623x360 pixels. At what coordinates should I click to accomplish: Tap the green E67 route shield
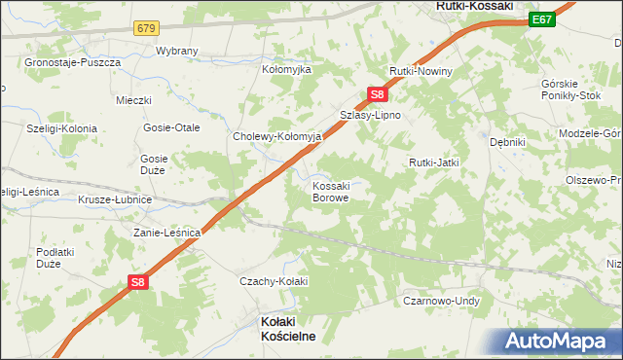pos(543,18)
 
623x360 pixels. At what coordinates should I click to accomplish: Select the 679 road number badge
pos(147,28)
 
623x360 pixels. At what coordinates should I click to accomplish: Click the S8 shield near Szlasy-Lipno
pos(379,94)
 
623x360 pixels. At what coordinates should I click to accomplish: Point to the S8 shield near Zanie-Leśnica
pos(139,282)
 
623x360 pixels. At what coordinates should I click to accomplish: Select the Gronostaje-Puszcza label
pos(74,62)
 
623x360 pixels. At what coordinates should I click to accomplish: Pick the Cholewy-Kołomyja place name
pos(277,137)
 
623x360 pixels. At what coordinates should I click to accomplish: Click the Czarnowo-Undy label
pos(442,302)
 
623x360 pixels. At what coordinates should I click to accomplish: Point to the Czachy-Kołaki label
pos(274,281)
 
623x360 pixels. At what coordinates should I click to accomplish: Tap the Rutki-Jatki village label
pos(433,162)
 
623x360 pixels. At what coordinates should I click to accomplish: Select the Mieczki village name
pos(133,100)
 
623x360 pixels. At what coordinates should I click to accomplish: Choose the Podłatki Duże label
pos(49,257)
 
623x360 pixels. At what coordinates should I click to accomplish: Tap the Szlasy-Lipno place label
pos(370,115)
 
